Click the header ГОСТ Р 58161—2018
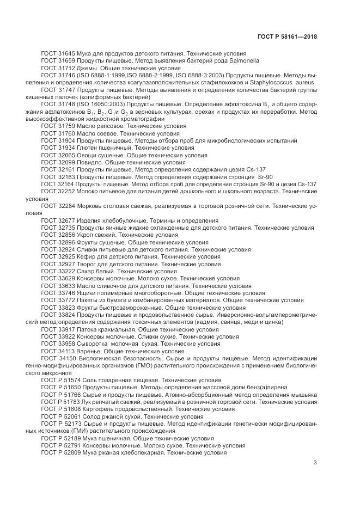(287, 36)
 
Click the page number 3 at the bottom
(315, 463)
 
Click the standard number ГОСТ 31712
(58, 69)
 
